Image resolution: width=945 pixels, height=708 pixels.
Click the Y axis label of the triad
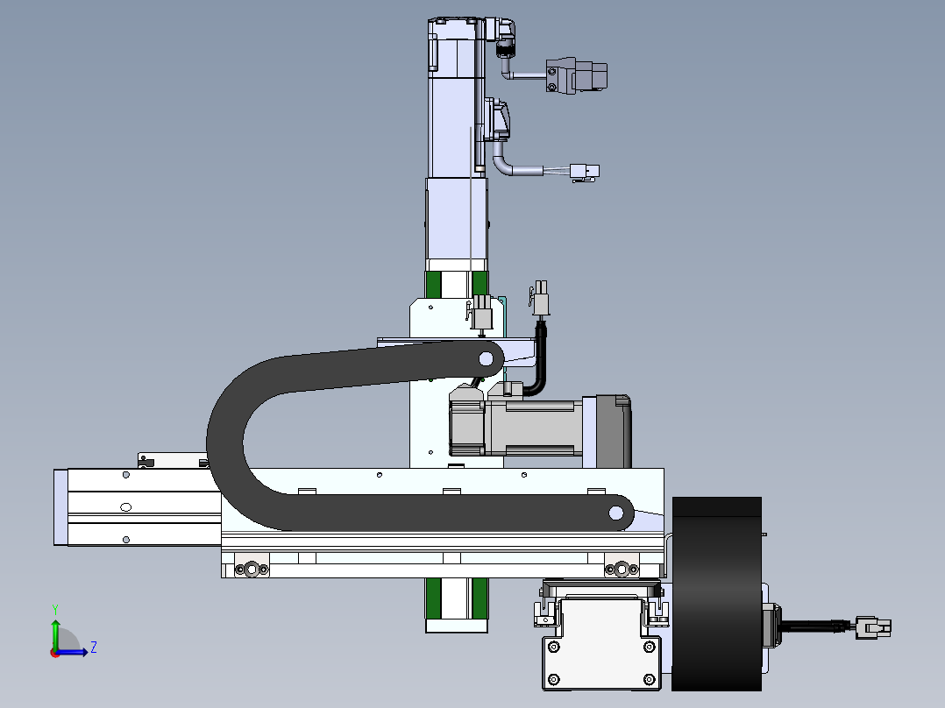tap(55, 610)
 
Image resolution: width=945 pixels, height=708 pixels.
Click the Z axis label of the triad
tap(94, 648)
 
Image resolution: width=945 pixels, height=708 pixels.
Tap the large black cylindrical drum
tap(716, 593)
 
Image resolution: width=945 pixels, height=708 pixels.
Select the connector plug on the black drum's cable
tap(873, 627)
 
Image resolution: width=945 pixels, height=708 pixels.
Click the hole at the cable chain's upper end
tap(486, 360)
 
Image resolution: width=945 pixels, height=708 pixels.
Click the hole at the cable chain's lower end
tap(616, 513)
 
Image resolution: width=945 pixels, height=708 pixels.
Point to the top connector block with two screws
tap(576, 75)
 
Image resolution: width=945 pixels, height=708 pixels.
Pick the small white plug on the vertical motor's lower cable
tap(585, 173)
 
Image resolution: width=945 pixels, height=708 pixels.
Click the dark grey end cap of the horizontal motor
tap(614, 431)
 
